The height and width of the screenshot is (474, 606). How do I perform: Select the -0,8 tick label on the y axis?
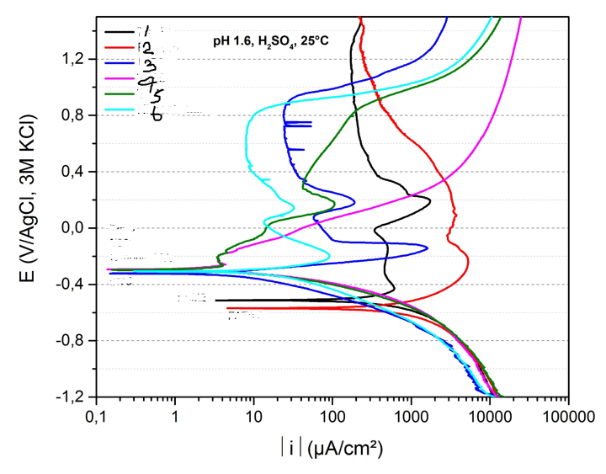[70, 341]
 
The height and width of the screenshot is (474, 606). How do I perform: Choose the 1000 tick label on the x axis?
[411, 414]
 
